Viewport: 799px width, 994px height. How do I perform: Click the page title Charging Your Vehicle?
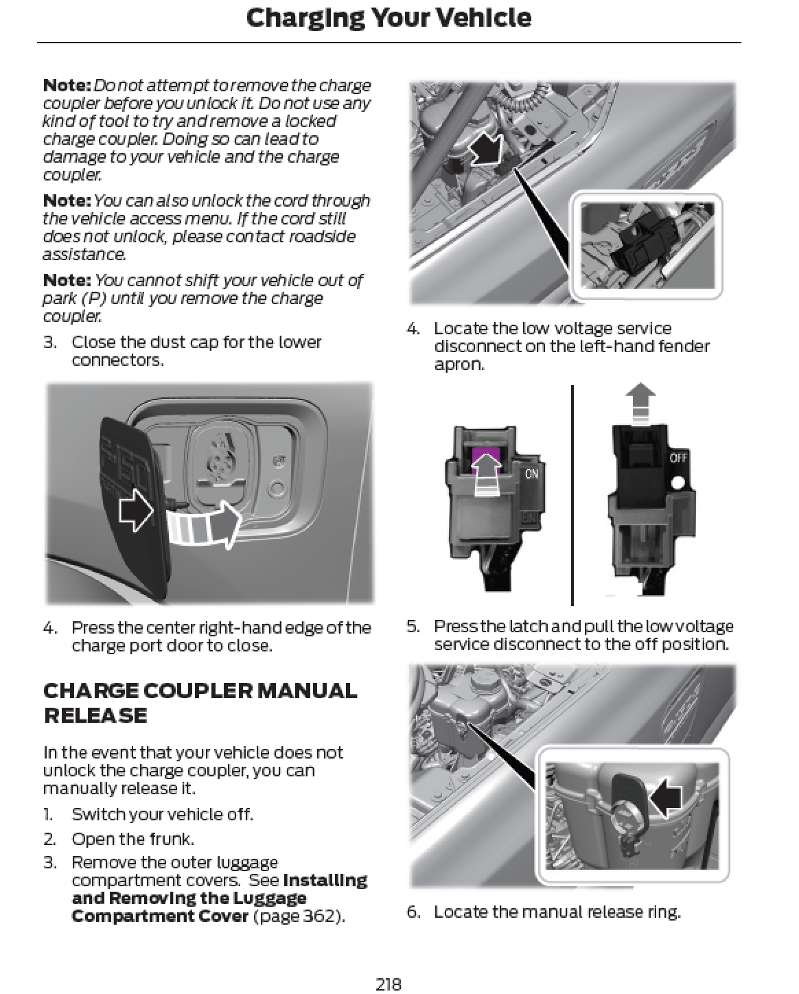[389, 19]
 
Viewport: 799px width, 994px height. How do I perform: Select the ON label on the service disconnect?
[531, 474]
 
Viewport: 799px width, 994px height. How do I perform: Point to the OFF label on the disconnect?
[678, 458]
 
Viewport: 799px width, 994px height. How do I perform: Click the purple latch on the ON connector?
[486, 459]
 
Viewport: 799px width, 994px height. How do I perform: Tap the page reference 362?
[319, 916]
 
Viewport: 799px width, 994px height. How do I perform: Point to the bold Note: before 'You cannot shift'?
[67, 280]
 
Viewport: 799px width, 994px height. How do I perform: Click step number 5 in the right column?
[413, 626]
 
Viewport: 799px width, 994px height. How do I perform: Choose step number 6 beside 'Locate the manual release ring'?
[413, 912]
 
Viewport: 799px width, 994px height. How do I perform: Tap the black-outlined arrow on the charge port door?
[136, 511]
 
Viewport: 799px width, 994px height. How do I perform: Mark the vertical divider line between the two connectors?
[572, 495]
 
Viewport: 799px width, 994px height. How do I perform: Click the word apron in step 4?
[459, 365]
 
